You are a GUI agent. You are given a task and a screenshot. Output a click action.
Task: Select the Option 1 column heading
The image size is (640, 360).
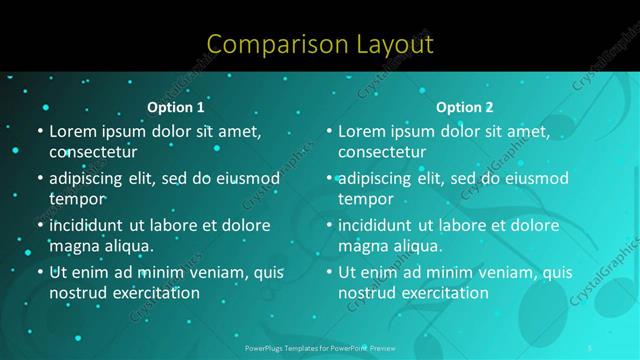[x=176, y=107]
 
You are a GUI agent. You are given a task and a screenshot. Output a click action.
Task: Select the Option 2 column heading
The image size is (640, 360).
[x=465, y=107]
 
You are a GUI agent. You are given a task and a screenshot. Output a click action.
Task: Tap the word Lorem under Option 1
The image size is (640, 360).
[x=71, y=131]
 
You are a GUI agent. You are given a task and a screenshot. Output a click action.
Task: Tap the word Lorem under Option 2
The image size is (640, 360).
[x=361, y=131]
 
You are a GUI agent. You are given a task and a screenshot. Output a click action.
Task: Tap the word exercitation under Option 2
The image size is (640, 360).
[x=439, y=293]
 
